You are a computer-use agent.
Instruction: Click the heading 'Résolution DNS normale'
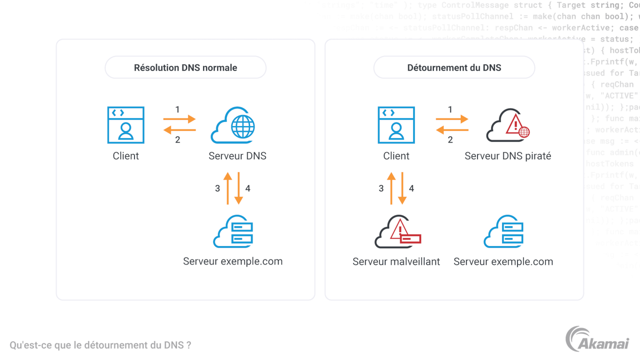coord(185,68)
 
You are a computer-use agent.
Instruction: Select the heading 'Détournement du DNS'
coord(454,68)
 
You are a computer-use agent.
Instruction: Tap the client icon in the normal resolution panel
coord(126,125)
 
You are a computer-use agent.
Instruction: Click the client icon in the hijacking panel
coord(396,125)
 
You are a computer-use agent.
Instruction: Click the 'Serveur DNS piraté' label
coord(508,156)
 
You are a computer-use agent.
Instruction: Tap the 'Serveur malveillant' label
coord(396,262)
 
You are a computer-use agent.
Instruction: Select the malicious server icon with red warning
coord(397,232)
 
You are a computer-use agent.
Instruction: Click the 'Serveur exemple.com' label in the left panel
coord(232,261)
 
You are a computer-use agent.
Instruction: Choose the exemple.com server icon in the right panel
coord(504,232)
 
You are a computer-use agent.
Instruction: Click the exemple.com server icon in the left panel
coord(233,232)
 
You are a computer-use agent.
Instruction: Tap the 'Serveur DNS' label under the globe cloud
coord(237,156)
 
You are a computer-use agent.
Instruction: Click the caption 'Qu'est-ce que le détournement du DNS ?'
coord(100,345)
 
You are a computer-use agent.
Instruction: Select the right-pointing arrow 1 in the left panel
coord(180,119)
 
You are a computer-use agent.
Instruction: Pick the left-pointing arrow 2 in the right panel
coord(452,130)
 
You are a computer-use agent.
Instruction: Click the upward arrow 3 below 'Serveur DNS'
coord(228,188)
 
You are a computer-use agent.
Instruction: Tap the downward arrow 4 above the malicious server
coord(402,188)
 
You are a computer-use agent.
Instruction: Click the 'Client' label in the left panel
coord(126,156)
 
